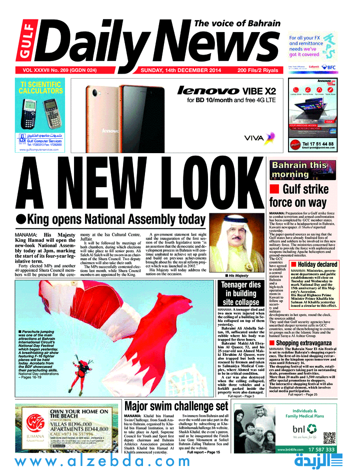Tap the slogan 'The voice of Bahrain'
pos(237,24)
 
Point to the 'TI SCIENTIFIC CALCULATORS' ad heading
pos(41,88)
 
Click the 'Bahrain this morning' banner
pos(299,170)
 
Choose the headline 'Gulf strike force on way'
pos(299,196)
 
